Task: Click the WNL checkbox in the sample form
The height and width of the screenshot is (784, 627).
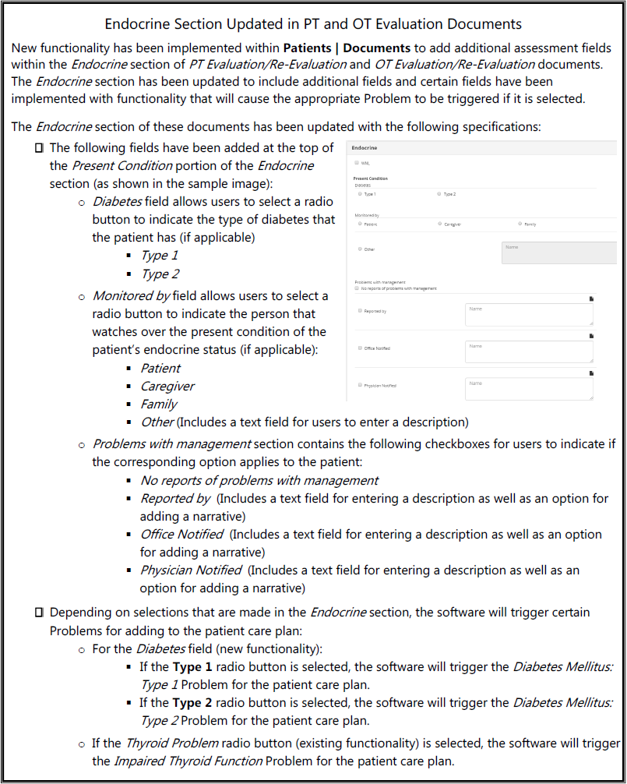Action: tap(357, 163)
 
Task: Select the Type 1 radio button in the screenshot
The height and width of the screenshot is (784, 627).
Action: tap(360, 193)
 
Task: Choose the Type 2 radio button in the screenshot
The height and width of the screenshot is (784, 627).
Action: tap(439, 193)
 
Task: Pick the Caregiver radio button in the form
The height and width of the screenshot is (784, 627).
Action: tap(439, 224)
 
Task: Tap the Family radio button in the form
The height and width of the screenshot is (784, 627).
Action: tap(520, 224)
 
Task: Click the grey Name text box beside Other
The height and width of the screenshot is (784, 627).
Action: tap(558, 252)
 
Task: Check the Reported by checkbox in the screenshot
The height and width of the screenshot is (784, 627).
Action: tap(360, 311)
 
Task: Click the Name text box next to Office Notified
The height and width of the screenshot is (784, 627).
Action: tap(529, 351)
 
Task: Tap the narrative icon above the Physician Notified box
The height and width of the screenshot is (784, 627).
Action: tap(591, 373)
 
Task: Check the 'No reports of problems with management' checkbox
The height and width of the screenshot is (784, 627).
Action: tap(357, 288)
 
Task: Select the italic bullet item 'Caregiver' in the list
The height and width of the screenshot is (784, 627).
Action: tap(167, 387)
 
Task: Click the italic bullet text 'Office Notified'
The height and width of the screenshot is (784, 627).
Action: tap(181, 535)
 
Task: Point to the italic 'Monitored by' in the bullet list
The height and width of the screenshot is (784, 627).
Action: tap(131, 295)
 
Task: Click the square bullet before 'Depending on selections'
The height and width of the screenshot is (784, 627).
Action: tap(39, 613)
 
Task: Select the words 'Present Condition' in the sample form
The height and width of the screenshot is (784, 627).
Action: tap(371, 178)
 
